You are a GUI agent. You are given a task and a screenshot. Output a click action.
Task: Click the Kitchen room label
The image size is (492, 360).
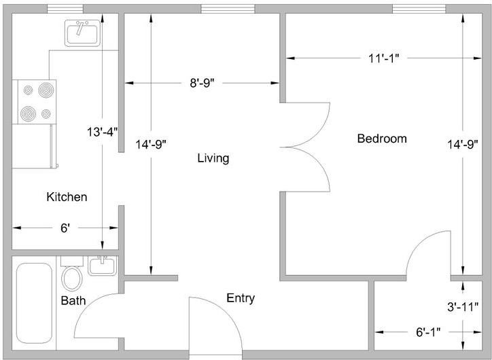click(67, 197)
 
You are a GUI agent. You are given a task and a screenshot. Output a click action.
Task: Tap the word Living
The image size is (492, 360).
click(213, 158)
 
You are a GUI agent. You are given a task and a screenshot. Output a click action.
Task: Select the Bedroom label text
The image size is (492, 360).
click(382, 139)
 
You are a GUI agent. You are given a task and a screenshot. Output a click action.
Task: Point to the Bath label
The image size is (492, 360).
click(73, 300)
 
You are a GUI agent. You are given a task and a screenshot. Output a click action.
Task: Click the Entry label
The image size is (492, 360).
click(241, 298)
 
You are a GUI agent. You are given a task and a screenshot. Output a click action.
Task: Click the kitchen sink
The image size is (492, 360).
click(82, 33)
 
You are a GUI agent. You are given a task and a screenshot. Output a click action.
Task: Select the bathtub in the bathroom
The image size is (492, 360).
click(34, 303)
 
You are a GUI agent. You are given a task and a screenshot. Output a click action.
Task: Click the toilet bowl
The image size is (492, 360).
click(72, 278)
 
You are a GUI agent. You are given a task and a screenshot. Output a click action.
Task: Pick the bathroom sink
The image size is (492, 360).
click(102, 266)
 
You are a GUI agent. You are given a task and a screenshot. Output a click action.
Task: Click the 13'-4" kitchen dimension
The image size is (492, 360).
click(103, 132)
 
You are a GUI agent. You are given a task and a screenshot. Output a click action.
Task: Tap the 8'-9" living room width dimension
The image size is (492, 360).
click(202, 83)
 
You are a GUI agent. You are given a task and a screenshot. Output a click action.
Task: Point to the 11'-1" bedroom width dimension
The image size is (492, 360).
click(383, 58)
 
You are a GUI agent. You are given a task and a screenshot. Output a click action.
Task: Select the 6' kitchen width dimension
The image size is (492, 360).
click(65, 228)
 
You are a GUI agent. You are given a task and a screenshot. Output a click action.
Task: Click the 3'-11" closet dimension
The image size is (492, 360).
click(463, 307)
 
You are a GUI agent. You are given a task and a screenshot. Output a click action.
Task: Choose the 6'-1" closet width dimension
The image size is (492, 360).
click(428, 331)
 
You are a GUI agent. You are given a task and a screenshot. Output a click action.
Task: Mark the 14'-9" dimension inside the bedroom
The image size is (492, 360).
click(463, 144)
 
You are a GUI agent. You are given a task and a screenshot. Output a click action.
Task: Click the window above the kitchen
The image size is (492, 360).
click(65, 9)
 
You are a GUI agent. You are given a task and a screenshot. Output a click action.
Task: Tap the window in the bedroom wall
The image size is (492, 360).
click(419, 9)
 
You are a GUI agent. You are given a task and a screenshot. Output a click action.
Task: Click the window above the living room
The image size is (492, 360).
click(228, 9)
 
